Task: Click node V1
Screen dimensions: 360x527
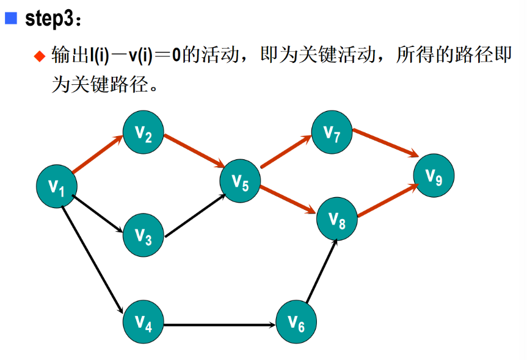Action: click(57, 187)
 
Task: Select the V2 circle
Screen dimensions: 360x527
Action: click(144, 132)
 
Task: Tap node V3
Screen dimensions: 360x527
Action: click(144, 236)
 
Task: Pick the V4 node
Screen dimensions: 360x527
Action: click(144, 322)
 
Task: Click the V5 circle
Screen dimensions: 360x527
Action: click(241, 181)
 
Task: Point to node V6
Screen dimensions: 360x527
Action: click(296, 322)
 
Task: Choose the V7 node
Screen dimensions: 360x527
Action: click(332, 132)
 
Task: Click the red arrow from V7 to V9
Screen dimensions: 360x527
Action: click(384, 142)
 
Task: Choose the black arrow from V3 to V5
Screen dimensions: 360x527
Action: click(194, 215)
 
